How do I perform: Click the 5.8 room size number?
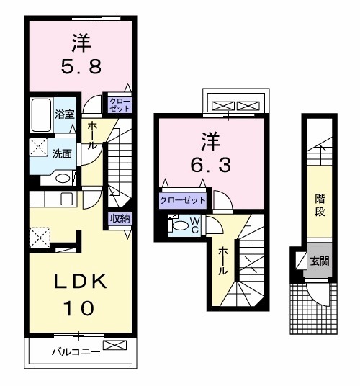tap(80, 71)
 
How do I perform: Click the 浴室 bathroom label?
tap(63, 114)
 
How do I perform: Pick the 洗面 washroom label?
tap(62, 153)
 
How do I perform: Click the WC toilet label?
tap(193, 225)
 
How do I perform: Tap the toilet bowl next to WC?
tap(176, 225)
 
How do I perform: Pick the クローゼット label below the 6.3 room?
tap(183, 199)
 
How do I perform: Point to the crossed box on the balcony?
tap(114, 346)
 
